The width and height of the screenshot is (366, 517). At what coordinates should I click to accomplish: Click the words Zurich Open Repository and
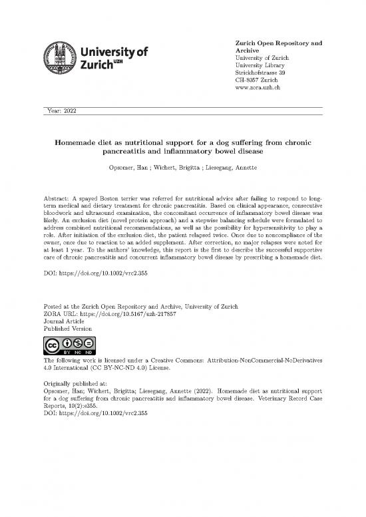point(279,43)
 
